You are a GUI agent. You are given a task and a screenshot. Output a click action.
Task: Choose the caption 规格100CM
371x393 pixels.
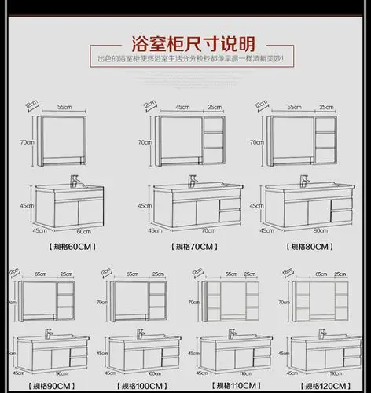141,386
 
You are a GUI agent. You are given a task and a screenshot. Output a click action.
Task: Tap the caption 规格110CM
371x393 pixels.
233,386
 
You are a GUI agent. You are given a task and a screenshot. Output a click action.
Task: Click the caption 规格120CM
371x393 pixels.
324,386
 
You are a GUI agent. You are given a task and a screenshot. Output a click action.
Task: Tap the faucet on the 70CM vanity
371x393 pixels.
189,180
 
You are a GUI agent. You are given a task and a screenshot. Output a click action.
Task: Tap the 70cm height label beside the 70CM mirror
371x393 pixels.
145,142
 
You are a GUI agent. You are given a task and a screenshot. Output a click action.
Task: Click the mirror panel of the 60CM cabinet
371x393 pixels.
64,136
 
